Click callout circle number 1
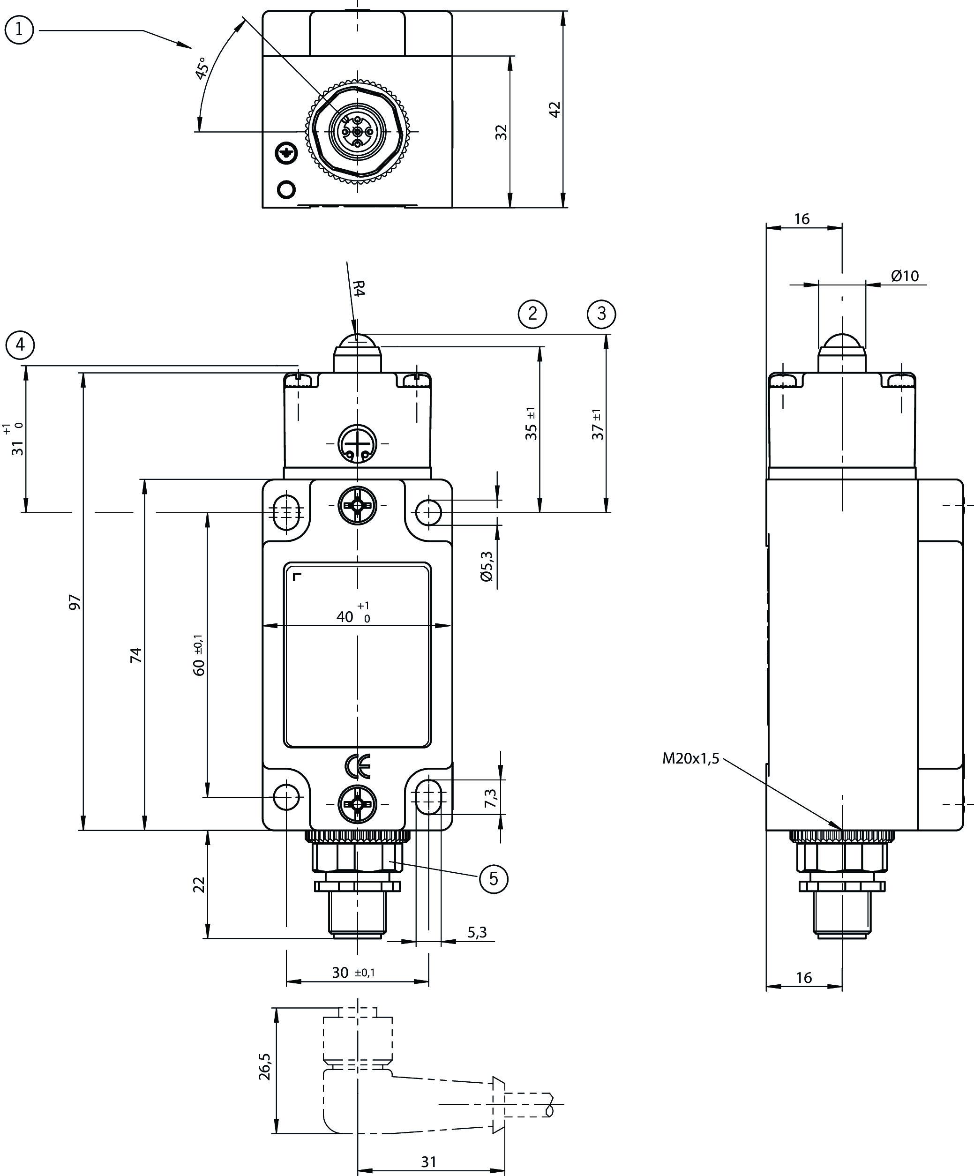[19, 30]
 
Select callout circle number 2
[532, 313]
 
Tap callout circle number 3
[601, 313]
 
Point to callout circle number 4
[20, 345]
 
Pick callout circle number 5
[494, 878]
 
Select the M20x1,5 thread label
[690, 759]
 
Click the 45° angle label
[202, 68]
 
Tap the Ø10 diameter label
[905, 276]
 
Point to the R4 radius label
[359, 289]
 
